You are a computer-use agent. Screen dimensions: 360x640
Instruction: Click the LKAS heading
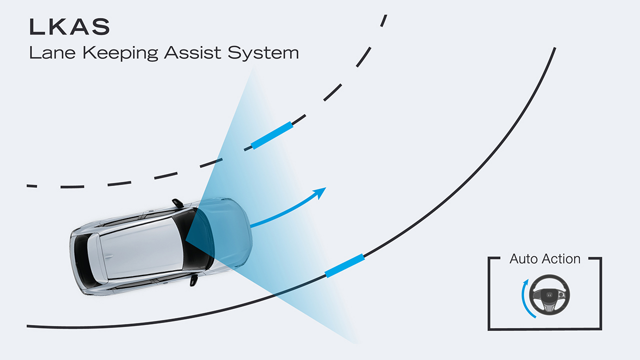tap(69, 27)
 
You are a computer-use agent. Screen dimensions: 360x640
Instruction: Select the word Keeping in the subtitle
tap(120, 53)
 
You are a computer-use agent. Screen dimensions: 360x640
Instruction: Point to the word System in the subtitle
tap(263, 53)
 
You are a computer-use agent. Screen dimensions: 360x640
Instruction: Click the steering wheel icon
tap(549, 295)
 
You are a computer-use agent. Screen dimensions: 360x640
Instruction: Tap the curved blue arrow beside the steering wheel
tap(524, 299)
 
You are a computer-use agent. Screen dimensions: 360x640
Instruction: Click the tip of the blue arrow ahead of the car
tap(323, 189)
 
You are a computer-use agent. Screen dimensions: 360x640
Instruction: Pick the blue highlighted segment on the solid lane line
tap(344, 265)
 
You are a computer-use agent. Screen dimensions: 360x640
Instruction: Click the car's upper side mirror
tap(178, 203)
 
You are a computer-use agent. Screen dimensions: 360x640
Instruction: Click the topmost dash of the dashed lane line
tap(383, 20)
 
